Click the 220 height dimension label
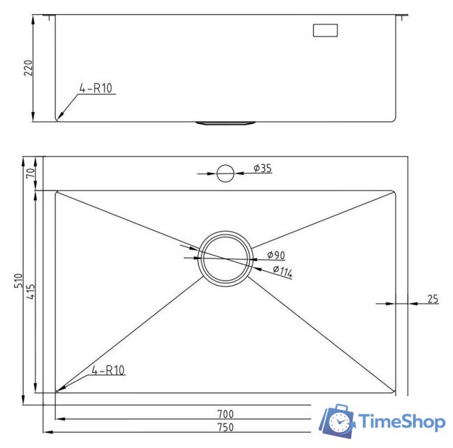tap(29, 67)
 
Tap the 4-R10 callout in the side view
tap(96, 88)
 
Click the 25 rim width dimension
tap(433, 299)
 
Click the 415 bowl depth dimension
tap(29, 290)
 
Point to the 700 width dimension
tap(225, 414)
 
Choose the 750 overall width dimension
tap(225, 427)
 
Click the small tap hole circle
tap(224, 172)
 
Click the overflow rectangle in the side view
tap(324, 31)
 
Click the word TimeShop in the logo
tap(402, 421)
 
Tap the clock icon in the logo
tap(340, 422)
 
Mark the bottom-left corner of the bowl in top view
tap(57, 391)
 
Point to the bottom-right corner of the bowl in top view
tap(395, 391)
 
